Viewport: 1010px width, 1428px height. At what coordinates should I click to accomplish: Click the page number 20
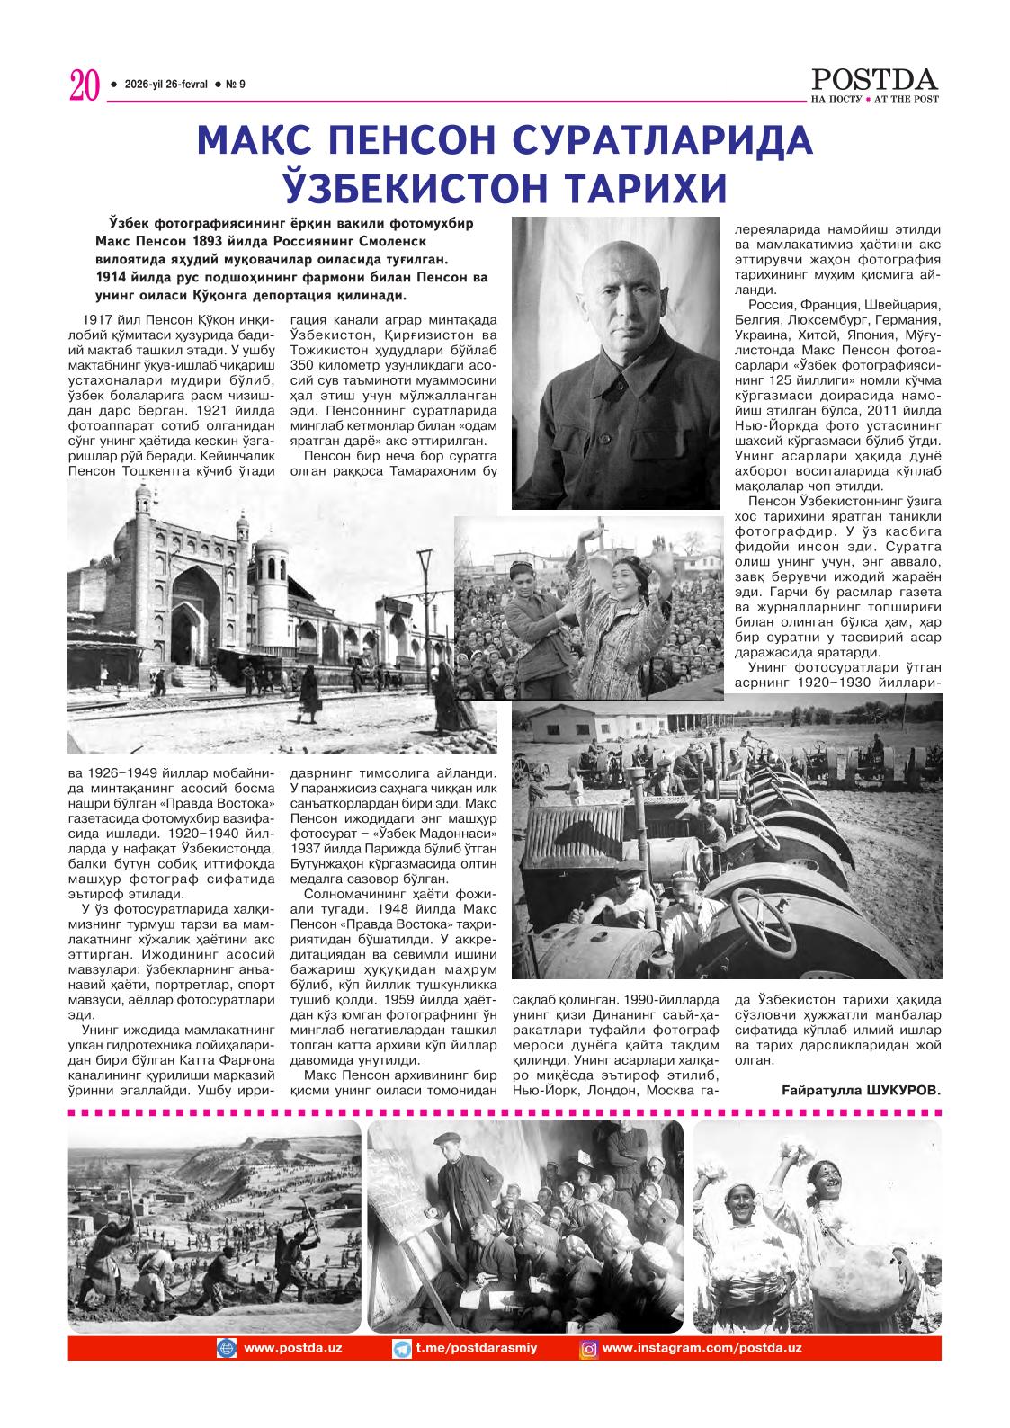[x=83, y=86]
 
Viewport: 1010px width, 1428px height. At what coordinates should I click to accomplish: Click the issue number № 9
[x=236, y=85]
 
